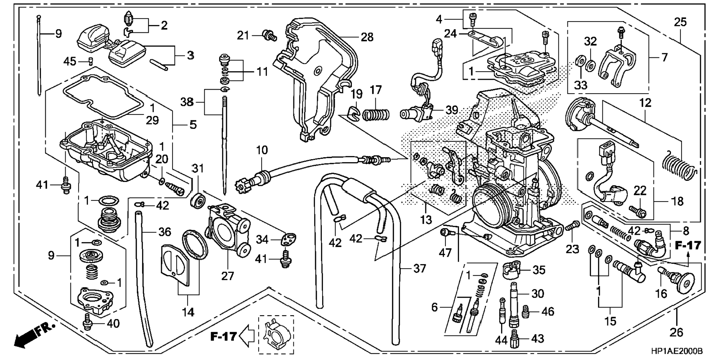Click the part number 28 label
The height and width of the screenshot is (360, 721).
pos(367,37)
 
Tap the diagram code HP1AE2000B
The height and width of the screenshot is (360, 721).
pos(677,351)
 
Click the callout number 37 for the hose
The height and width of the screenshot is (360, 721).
pos(419,268)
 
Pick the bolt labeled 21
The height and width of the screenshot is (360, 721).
pos(269,35)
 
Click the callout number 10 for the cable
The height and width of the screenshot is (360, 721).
pos(262,150)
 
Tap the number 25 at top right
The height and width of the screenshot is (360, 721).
pos(680,22)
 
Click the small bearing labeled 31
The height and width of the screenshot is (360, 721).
pos(198,201)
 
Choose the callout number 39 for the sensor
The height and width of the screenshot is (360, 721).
pos(452,110)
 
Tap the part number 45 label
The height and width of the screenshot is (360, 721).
pos(70,61)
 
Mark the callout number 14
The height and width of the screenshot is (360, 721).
pos(188,312)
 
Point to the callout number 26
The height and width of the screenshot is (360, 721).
pos(676,332)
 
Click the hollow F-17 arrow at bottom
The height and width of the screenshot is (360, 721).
pos(246,336)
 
